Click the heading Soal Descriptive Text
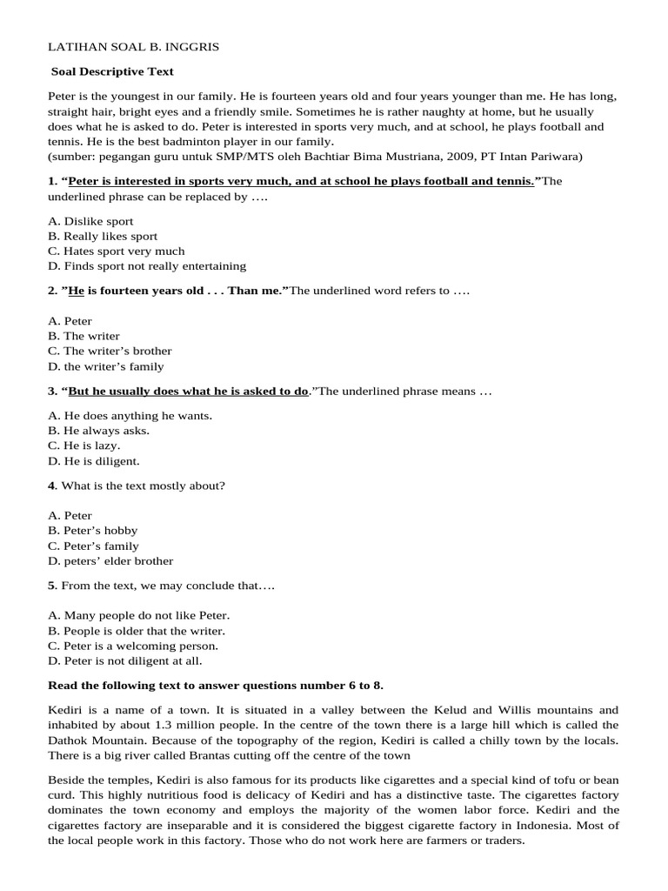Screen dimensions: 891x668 (x=113, y=71)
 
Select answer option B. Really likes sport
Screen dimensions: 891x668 (x=104, y=236)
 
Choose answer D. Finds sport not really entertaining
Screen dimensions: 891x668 (x=147, y=265)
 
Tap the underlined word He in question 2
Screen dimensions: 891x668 (x=77, y=290)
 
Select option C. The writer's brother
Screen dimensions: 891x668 (x=110, y=351)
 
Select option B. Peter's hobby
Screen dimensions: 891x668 (x=93, y=530)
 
